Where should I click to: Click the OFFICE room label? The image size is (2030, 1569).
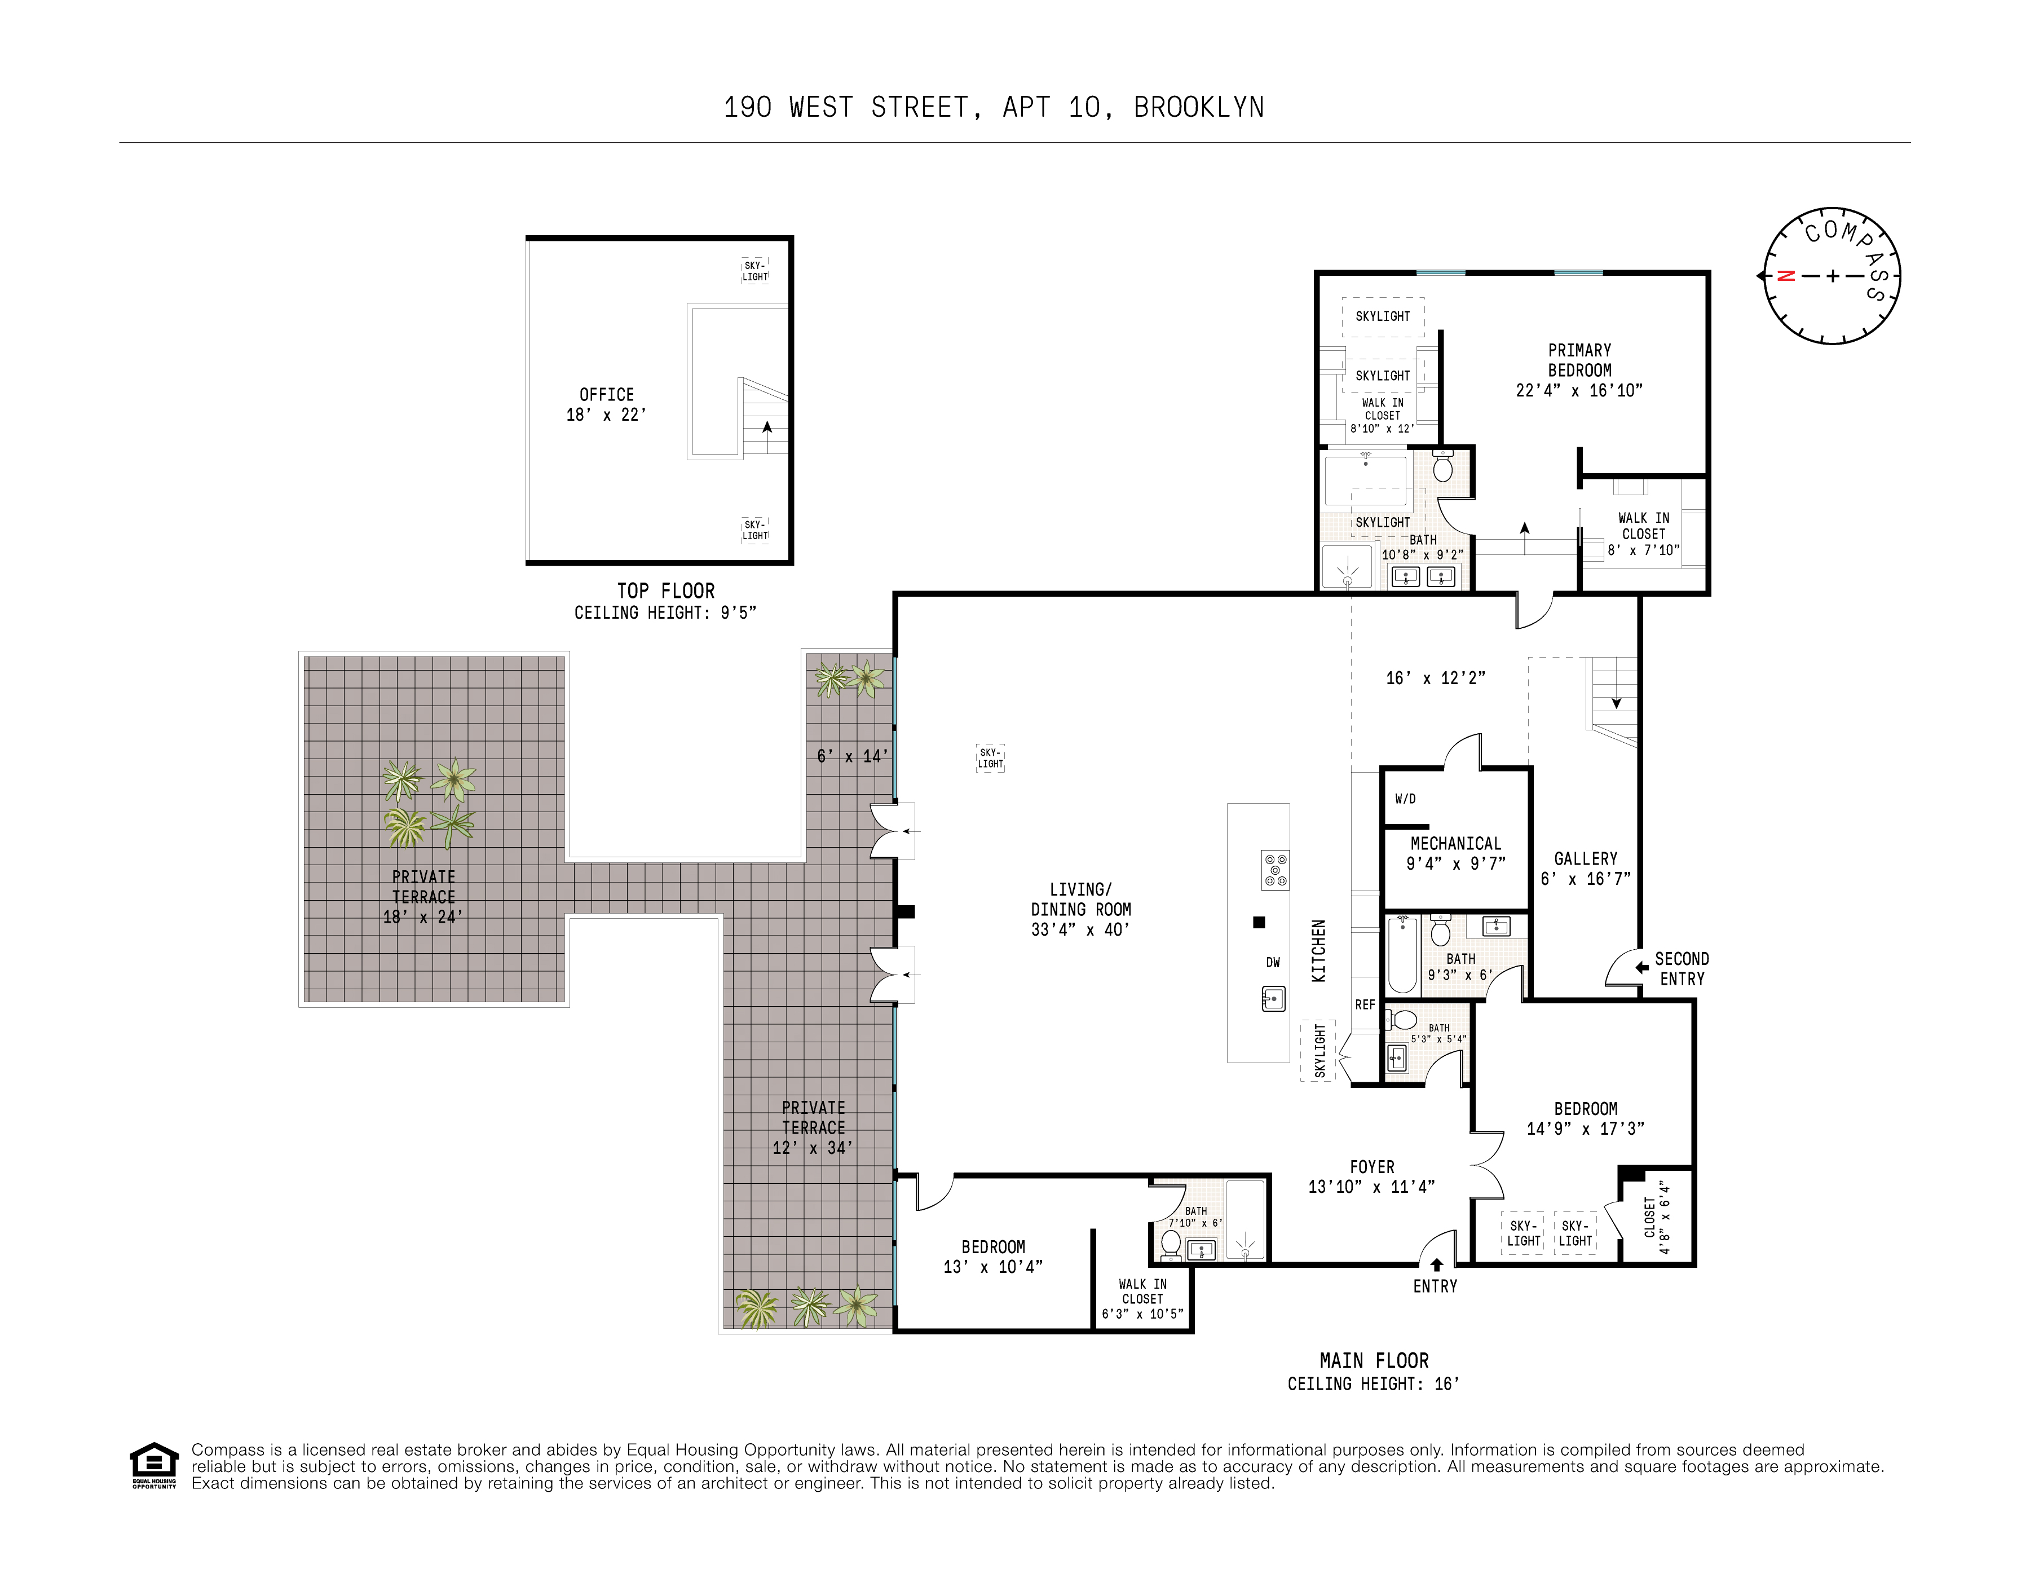(606, 395)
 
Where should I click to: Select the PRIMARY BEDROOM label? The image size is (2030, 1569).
(1579, 360)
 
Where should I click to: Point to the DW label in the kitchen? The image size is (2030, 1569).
(1273, 963)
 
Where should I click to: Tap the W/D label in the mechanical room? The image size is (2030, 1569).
(1405, 799)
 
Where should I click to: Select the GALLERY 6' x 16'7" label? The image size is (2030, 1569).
(1586, 868)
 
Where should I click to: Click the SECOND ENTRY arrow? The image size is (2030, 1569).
(1643, 968)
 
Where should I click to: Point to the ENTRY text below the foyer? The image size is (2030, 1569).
(1435, 1286)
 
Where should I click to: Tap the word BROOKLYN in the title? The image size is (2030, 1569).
(1198, 108)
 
